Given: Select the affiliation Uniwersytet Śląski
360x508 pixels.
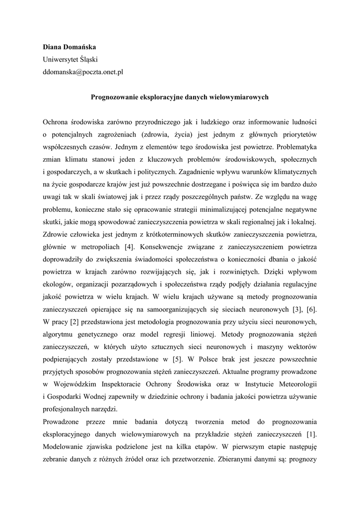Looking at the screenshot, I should [70, 60].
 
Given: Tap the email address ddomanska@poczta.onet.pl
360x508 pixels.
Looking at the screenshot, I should [83, 72].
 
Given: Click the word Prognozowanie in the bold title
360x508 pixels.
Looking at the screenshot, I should [113, 97].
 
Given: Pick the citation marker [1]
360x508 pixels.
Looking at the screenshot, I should [311, 435].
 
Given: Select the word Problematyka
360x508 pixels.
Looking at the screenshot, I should [296, 146].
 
